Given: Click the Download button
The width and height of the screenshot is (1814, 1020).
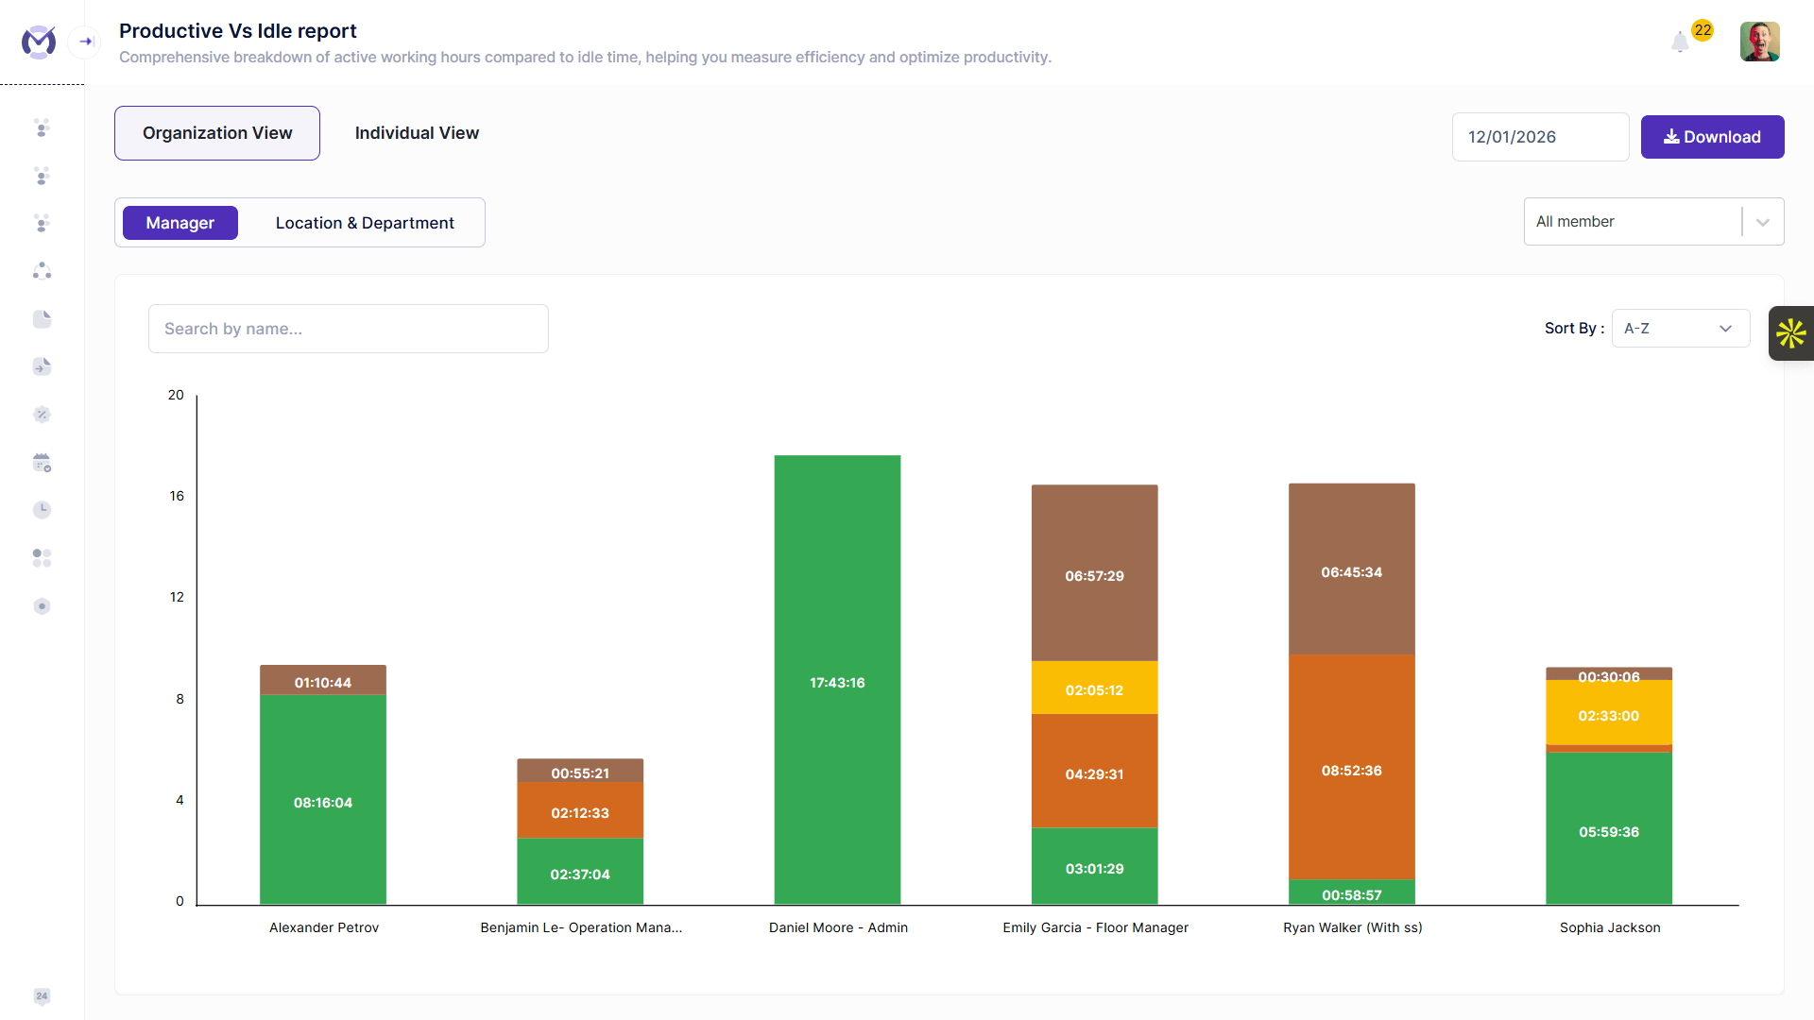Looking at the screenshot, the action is [x=1712, y=137].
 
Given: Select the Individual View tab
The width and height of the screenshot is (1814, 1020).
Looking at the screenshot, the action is [x=417, y=133].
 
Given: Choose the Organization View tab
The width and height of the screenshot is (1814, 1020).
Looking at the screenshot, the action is [x=217, y=133].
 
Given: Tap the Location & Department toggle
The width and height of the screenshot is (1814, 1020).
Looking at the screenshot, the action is [x=365, y=223].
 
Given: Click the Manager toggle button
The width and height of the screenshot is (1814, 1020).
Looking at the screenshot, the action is [x=180, y=223].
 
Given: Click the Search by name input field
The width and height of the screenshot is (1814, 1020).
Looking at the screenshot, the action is [x=349, y=329].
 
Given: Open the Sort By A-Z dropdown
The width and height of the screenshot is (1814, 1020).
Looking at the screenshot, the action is [x=1681, y=329].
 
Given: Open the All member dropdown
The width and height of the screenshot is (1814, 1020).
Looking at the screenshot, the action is [x=1653, y=222].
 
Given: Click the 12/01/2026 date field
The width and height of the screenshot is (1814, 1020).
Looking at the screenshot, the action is [x=1540, y=137].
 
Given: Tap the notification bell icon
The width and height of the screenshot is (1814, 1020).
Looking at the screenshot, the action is [x=1680, y=42].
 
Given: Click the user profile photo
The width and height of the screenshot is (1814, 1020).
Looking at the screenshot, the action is [x=1759, y=42].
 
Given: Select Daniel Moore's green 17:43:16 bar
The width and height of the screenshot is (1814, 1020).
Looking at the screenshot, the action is [x=837, y=680].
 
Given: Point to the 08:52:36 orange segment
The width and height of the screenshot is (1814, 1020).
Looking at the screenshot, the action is [x=1352, y=767].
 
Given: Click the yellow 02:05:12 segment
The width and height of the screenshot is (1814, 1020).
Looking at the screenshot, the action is [x=1094, y=688].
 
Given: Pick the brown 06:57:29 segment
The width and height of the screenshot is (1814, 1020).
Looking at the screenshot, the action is [x=1094, y=573].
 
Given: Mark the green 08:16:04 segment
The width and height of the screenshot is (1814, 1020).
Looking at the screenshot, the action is [x=323, y=800].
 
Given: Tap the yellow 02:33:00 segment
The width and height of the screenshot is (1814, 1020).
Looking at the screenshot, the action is [x=1609, y=713].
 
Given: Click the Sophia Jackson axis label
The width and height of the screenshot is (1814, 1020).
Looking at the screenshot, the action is [x=1610, y=927].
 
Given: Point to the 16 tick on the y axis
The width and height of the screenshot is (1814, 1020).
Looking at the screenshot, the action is [x=177, y=496].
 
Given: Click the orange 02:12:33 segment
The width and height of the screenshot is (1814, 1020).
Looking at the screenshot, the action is [x=580, y=810].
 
